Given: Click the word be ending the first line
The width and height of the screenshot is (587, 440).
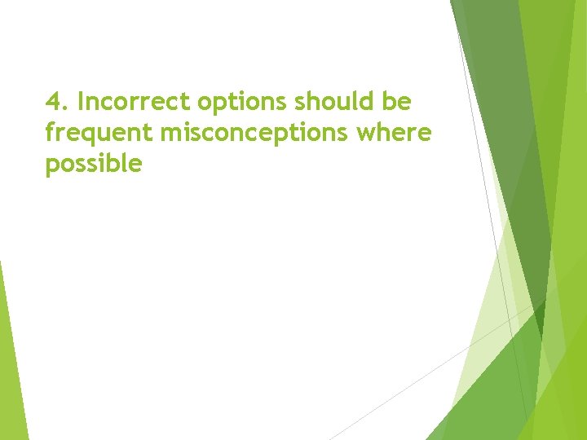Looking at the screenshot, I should (400, 103).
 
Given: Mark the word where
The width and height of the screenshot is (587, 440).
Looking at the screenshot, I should (399, 134).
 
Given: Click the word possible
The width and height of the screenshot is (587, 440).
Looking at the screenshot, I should (94, 165).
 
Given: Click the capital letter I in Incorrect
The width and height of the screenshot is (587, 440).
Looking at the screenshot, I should (81, 103).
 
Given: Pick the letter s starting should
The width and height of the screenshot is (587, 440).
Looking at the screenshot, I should (301, 103).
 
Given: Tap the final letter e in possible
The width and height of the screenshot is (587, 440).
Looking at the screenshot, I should (135, 165).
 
